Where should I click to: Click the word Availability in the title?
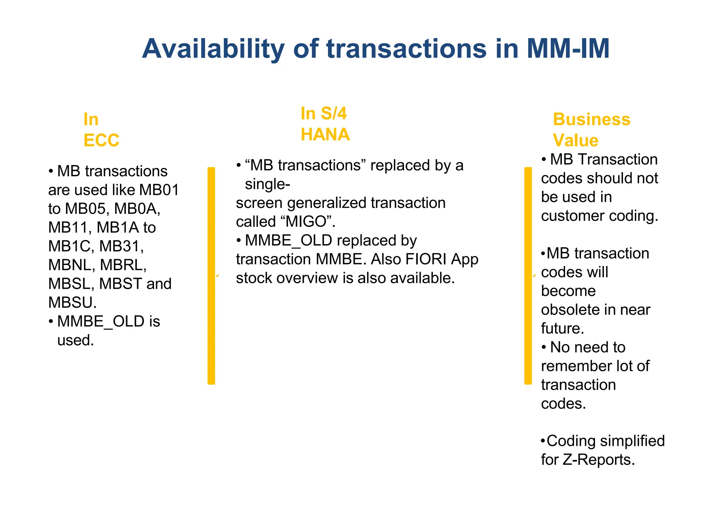213,49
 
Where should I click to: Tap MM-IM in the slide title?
568,49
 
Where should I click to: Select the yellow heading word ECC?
101,140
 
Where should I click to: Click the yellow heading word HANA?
325,134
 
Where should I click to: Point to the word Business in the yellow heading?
592,120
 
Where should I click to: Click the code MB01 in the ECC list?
159,190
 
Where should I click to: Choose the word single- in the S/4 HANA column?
267,184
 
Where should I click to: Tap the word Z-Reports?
598,460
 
